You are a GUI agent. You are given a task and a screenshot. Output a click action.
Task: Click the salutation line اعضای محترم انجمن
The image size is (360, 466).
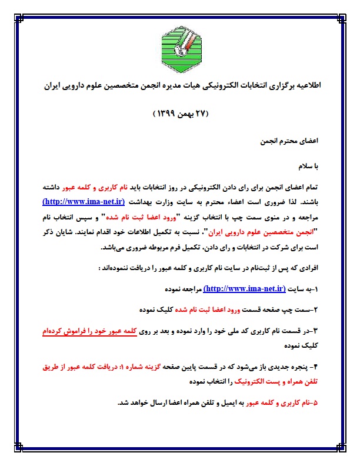click(290, 142)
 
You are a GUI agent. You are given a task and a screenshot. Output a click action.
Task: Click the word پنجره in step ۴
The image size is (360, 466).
click(296, 367)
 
